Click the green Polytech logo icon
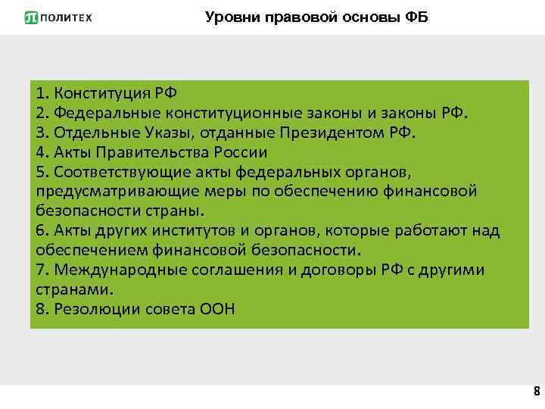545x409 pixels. click(31, 17)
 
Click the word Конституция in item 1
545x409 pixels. click(99, 94)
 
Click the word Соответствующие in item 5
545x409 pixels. click(105, 172)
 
